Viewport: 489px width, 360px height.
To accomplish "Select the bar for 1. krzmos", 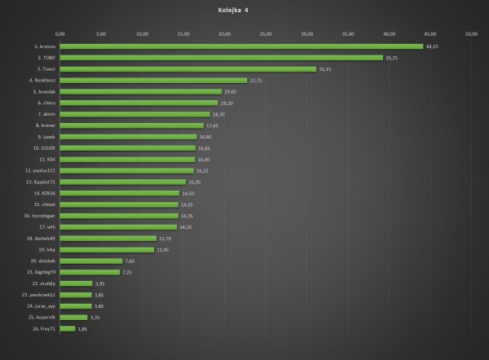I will point(241,46).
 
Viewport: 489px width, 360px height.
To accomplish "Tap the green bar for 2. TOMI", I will point(221,58).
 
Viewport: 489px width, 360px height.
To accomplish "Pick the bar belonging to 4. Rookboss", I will point(153,80).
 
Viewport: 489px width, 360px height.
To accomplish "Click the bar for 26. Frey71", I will point(68,328).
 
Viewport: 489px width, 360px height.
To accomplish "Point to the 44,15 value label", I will point(433,46).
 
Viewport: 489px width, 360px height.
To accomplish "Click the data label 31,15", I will point(325,69).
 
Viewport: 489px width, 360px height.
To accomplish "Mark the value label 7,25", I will point(127,272).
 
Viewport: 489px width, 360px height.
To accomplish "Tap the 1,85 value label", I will point(82,328).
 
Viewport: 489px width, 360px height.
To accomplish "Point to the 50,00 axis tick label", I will point(471,34).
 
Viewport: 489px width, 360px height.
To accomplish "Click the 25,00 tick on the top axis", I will point(266,34).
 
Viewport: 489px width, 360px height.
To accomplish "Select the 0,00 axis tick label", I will point(59,34).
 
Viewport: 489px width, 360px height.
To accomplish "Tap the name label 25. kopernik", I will point(39,317).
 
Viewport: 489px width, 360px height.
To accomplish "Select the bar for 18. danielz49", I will point(108,238).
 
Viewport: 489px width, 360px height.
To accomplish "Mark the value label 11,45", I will point(162,249).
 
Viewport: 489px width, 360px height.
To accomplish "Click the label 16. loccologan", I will point(38,216).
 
